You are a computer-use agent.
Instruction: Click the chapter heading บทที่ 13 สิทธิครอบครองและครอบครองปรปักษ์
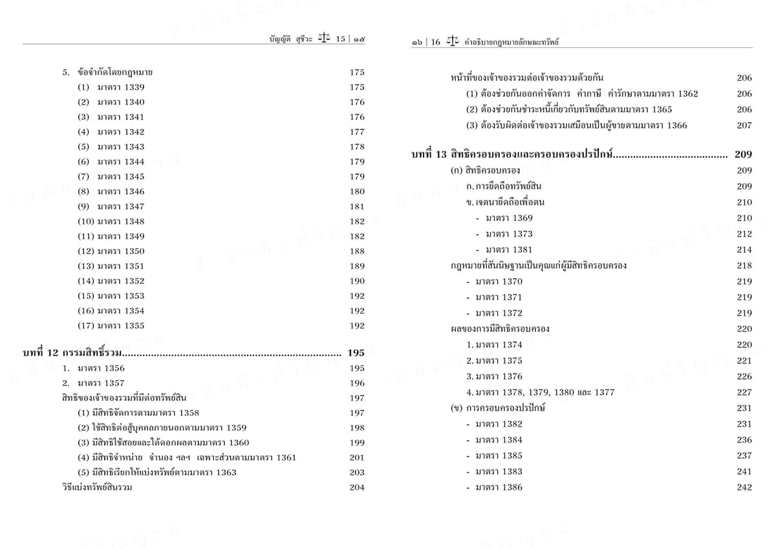[x=512, y=155]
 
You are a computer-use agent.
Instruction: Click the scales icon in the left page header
[x=325, y=39]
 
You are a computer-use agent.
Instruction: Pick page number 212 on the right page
[x=744, y=234]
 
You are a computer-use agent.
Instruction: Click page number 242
[x=744, y=488]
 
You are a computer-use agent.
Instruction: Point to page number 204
[x=357, y=488]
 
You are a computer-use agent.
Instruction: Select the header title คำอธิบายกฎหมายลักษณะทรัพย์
[x=512, y=42]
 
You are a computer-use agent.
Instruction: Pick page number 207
[x=744, y=125]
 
